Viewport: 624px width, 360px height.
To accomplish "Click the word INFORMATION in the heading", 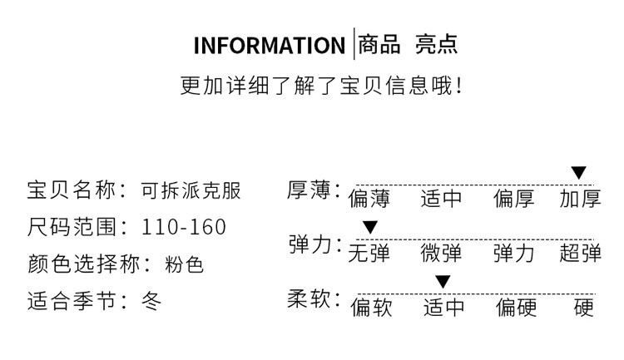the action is point(269,45).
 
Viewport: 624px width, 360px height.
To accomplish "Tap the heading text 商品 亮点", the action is point(408,44).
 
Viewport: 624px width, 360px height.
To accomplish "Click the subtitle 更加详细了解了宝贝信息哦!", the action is point(320,86).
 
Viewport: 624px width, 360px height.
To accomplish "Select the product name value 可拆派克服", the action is point(191,190).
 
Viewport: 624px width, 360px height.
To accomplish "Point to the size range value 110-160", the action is point(184,228).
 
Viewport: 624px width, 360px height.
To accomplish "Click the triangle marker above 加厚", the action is point(579,173).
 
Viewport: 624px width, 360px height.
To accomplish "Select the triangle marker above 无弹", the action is point(369,227).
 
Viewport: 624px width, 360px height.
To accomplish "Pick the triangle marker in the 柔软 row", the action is point(443,282).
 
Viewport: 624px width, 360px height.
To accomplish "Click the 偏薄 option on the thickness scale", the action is point(369,199).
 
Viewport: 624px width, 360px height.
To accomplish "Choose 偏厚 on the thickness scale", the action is point(514,199).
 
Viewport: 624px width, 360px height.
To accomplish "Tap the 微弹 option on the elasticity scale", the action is point(441,253).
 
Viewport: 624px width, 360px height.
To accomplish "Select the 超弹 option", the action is point(580,253).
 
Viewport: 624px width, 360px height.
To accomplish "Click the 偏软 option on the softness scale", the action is point(370,308).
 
